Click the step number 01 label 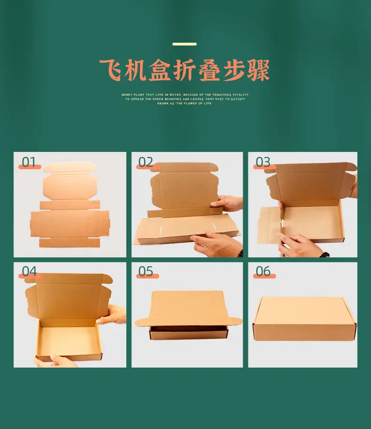point(29,162)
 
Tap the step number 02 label point(146,162)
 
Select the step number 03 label point(263,162)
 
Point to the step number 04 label point(29,271)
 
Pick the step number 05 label point(146,271)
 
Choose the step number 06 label point(263,271)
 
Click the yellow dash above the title point(185,44)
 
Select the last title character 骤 point(258,71)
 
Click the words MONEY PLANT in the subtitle point(132,95)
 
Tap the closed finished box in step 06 point(304,319)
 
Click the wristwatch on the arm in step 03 point(324,254)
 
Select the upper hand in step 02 point(227,203)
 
